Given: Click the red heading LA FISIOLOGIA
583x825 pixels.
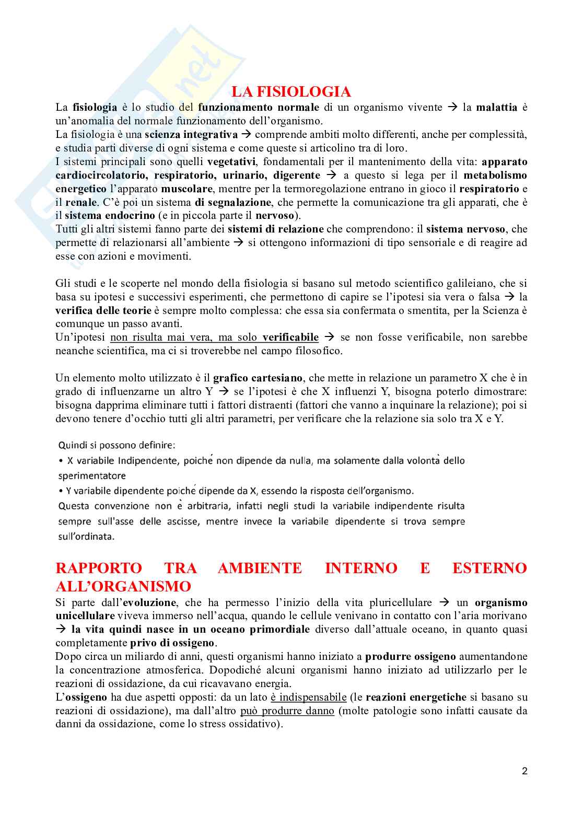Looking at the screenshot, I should pos(291,92).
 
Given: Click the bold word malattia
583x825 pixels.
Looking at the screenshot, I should pos(497,108).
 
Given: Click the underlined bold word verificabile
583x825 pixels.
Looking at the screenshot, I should pos(290,337).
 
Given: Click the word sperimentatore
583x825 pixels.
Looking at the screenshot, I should pos(92,476).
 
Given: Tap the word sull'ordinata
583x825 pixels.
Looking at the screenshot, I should pos(86,537).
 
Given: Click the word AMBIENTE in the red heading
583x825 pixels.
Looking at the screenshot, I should pos(260,568).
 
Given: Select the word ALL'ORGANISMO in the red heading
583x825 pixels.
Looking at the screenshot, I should pos(123,586).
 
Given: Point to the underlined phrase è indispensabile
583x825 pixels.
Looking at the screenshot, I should pos(308,697).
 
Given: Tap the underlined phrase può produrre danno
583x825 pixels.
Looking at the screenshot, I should pos(287,711).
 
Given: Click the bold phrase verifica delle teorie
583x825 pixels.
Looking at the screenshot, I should pos(103,310).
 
